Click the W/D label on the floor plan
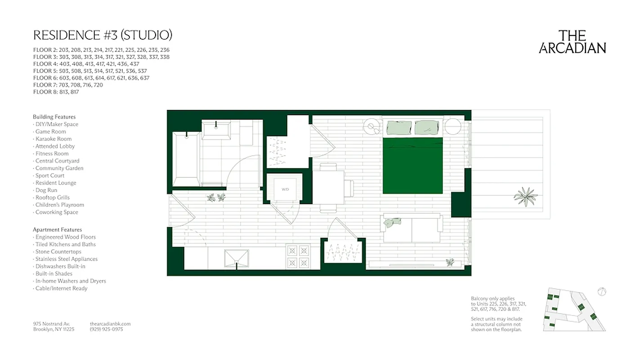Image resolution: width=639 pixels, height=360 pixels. (x=285, y=189)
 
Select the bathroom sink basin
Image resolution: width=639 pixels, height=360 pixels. (x=216, y=131)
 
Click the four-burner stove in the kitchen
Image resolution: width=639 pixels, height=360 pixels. (x=299, y=256)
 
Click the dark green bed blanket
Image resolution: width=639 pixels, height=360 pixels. (x=413, y=166)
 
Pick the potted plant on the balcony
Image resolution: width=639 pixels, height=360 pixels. (x=525, y=197)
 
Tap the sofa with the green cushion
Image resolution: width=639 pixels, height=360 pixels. (x=411, y=229)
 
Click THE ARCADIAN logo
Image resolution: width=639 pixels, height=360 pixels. (x=572, y=42)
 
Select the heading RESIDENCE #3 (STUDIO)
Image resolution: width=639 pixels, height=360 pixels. (x=103, y=35)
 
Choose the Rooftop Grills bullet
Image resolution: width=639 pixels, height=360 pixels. (x=53, y=198)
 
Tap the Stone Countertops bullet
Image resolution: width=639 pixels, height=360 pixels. (x=58, y=252)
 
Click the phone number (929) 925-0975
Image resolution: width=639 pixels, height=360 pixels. (x=106, y=329)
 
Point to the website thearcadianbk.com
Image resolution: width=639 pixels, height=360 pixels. (x=110, y=324)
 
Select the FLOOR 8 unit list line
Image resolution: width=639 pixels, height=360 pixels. (x=56, y=92)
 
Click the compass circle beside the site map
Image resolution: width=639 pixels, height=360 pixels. (x=602, y=292)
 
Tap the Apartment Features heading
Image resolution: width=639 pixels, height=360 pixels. (x=58, y=229)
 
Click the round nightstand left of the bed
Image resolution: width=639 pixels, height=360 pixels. (x=372, y=126)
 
